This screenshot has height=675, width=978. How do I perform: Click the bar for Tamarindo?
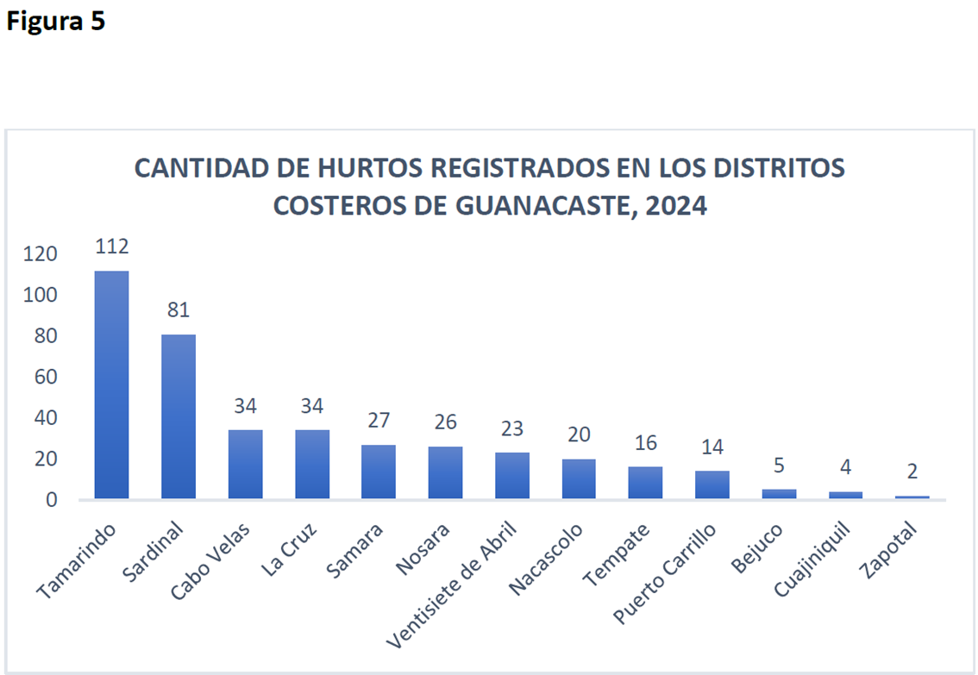pos(111,384)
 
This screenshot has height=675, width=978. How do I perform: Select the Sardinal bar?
pos(178,416)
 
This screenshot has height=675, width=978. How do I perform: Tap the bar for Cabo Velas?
pos(245,464)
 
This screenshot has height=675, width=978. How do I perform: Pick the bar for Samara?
pos(379,472)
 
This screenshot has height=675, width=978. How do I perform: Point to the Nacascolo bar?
pos(579,478)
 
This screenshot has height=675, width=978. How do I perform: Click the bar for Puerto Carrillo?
pos(712,484)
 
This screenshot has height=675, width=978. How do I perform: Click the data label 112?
pos(112,247)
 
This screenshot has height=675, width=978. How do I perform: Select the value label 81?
pos(179,309)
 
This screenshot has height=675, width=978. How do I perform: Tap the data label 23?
pos(512,428)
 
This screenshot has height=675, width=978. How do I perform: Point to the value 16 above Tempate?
pos(646,443)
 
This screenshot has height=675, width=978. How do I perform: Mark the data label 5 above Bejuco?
pos(779,466)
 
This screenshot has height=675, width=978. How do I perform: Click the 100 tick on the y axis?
pos(41,295)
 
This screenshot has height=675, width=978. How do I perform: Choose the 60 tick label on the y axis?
pos(45,377)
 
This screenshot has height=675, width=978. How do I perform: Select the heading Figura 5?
pos(55,22)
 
